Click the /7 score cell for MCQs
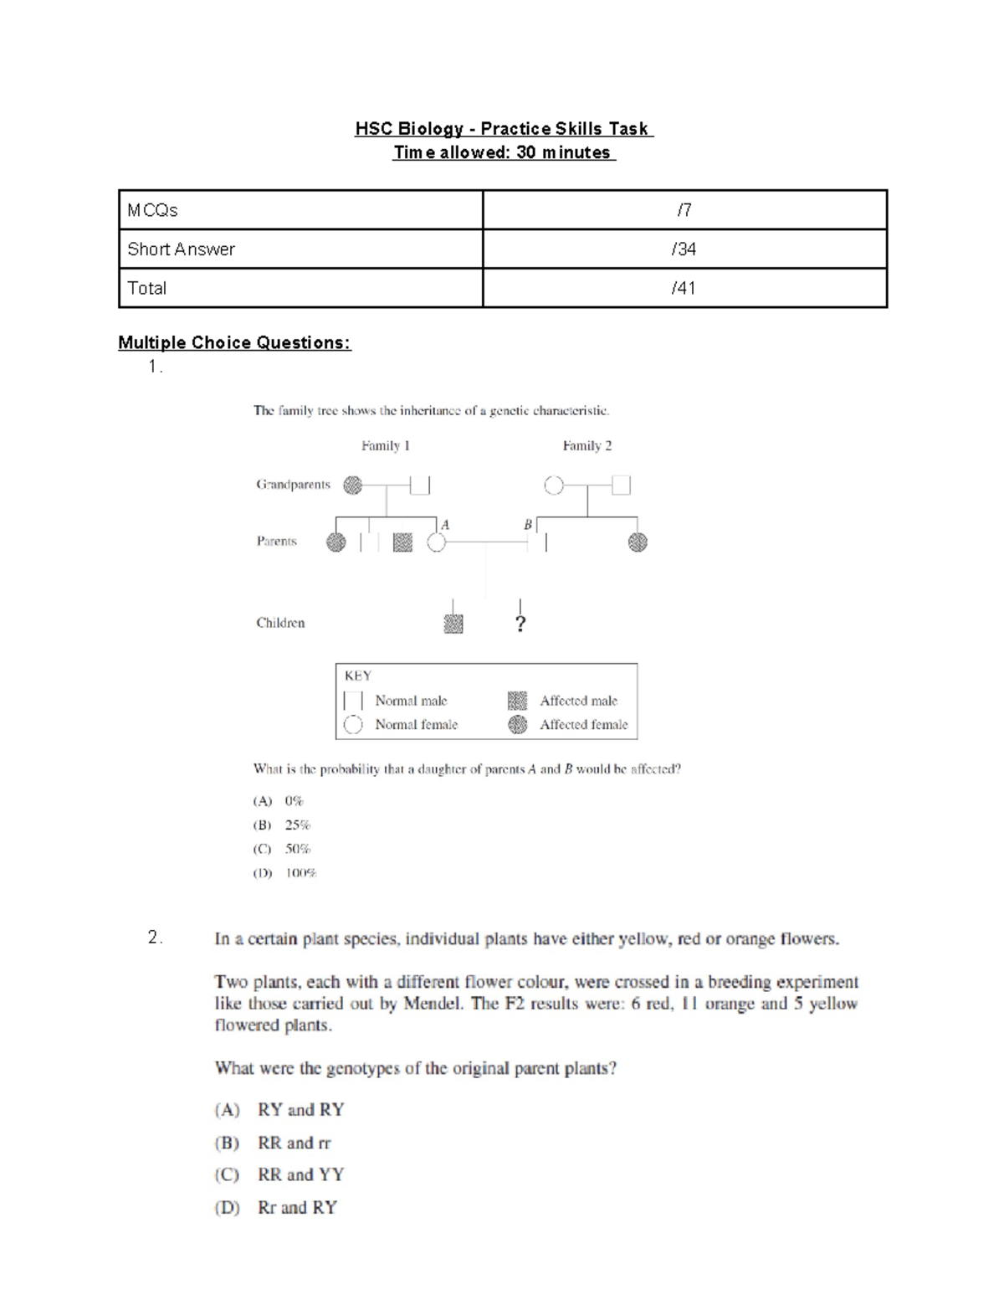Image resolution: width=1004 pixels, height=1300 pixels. (x=684, y=210)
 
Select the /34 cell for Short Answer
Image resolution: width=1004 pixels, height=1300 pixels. (x=684, y=249)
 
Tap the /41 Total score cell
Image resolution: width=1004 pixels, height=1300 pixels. (x=684, y=288)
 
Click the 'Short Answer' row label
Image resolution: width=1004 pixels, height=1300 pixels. (x=181, y=249)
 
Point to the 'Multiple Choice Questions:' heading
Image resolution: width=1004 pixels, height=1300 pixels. (x=234, y=342)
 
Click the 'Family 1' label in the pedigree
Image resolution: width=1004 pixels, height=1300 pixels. (x=385, y=445)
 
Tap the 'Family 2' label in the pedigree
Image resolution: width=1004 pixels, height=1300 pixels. (x=587, y=445)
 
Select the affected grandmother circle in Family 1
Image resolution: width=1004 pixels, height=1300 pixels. (x=353, y=485)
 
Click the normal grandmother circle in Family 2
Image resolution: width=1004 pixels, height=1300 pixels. (x=553, y=485)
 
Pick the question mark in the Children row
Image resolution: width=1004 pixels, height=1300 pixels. (x=520, y=624)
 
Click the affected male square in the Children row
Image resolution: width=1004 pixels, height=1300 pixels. (x=453, y=624)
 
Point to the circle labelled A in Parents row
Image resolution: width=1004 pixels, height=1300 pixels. (x=436, y=542)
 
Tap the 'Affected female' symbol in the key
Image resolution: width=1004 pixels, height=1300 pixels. (x=518, y=725)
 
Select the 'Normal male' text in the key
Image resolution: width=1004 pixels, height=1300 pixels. (x=411, y=701)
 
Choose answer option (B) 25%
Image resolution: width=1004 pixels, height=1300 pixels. (x=282, y=825)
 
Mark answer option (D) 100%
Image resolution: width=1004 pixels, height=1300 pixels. (x=285, y=873)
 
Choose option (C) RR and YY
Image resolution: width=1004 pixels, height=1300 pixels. (x=279, y=1174)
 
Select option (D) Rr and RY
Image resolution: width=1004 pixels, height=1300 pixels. (x=276, y=1207)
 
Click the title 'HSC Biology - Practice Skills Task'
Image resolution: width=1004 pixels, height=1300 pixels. (x=504, y=129)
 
